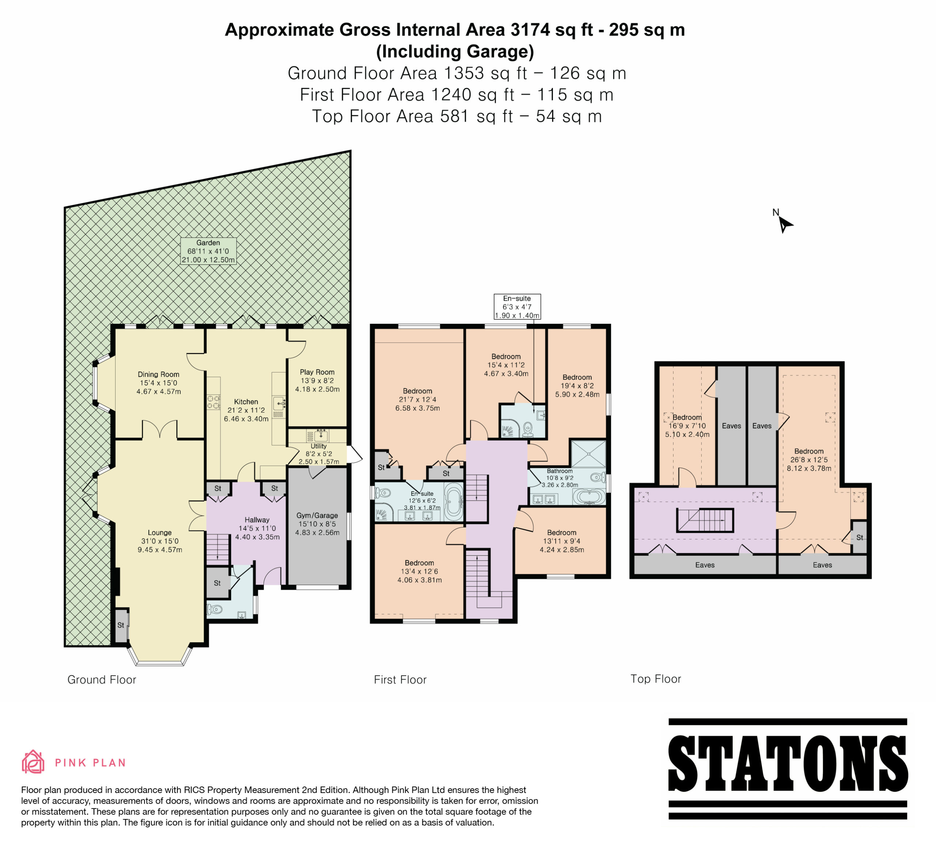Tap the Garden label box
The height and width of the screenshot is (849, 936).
[x=208, y=251]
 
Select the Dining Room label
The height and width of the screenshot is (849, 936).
[x=158, y=374]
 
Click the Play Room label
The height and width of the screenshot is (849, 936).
[x=317, y=372]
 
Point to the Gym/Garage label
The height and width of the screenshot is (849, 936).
[x=317, y=515]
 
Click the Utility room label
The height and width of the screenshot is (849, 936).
[x=318, y=446]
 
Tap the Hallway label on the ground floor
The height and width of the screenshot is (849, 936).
[x=257, y=520]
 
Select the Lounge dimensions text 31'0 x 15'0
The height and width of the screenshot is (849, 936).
[x=160, y=541]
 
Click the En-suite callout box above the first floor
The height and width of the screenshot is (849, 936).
[x=517, y=307]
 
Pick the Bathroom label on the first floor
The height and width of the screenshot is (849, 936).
[x=559, y=471]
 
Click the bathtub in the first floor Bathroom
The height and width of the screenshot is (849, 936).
[x=589, y=497]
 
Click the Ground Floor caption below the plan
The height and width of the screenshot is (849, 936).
[x=102, y=680]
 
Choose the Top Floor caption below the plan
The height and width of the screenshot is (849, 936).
[x=656, y=679]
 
